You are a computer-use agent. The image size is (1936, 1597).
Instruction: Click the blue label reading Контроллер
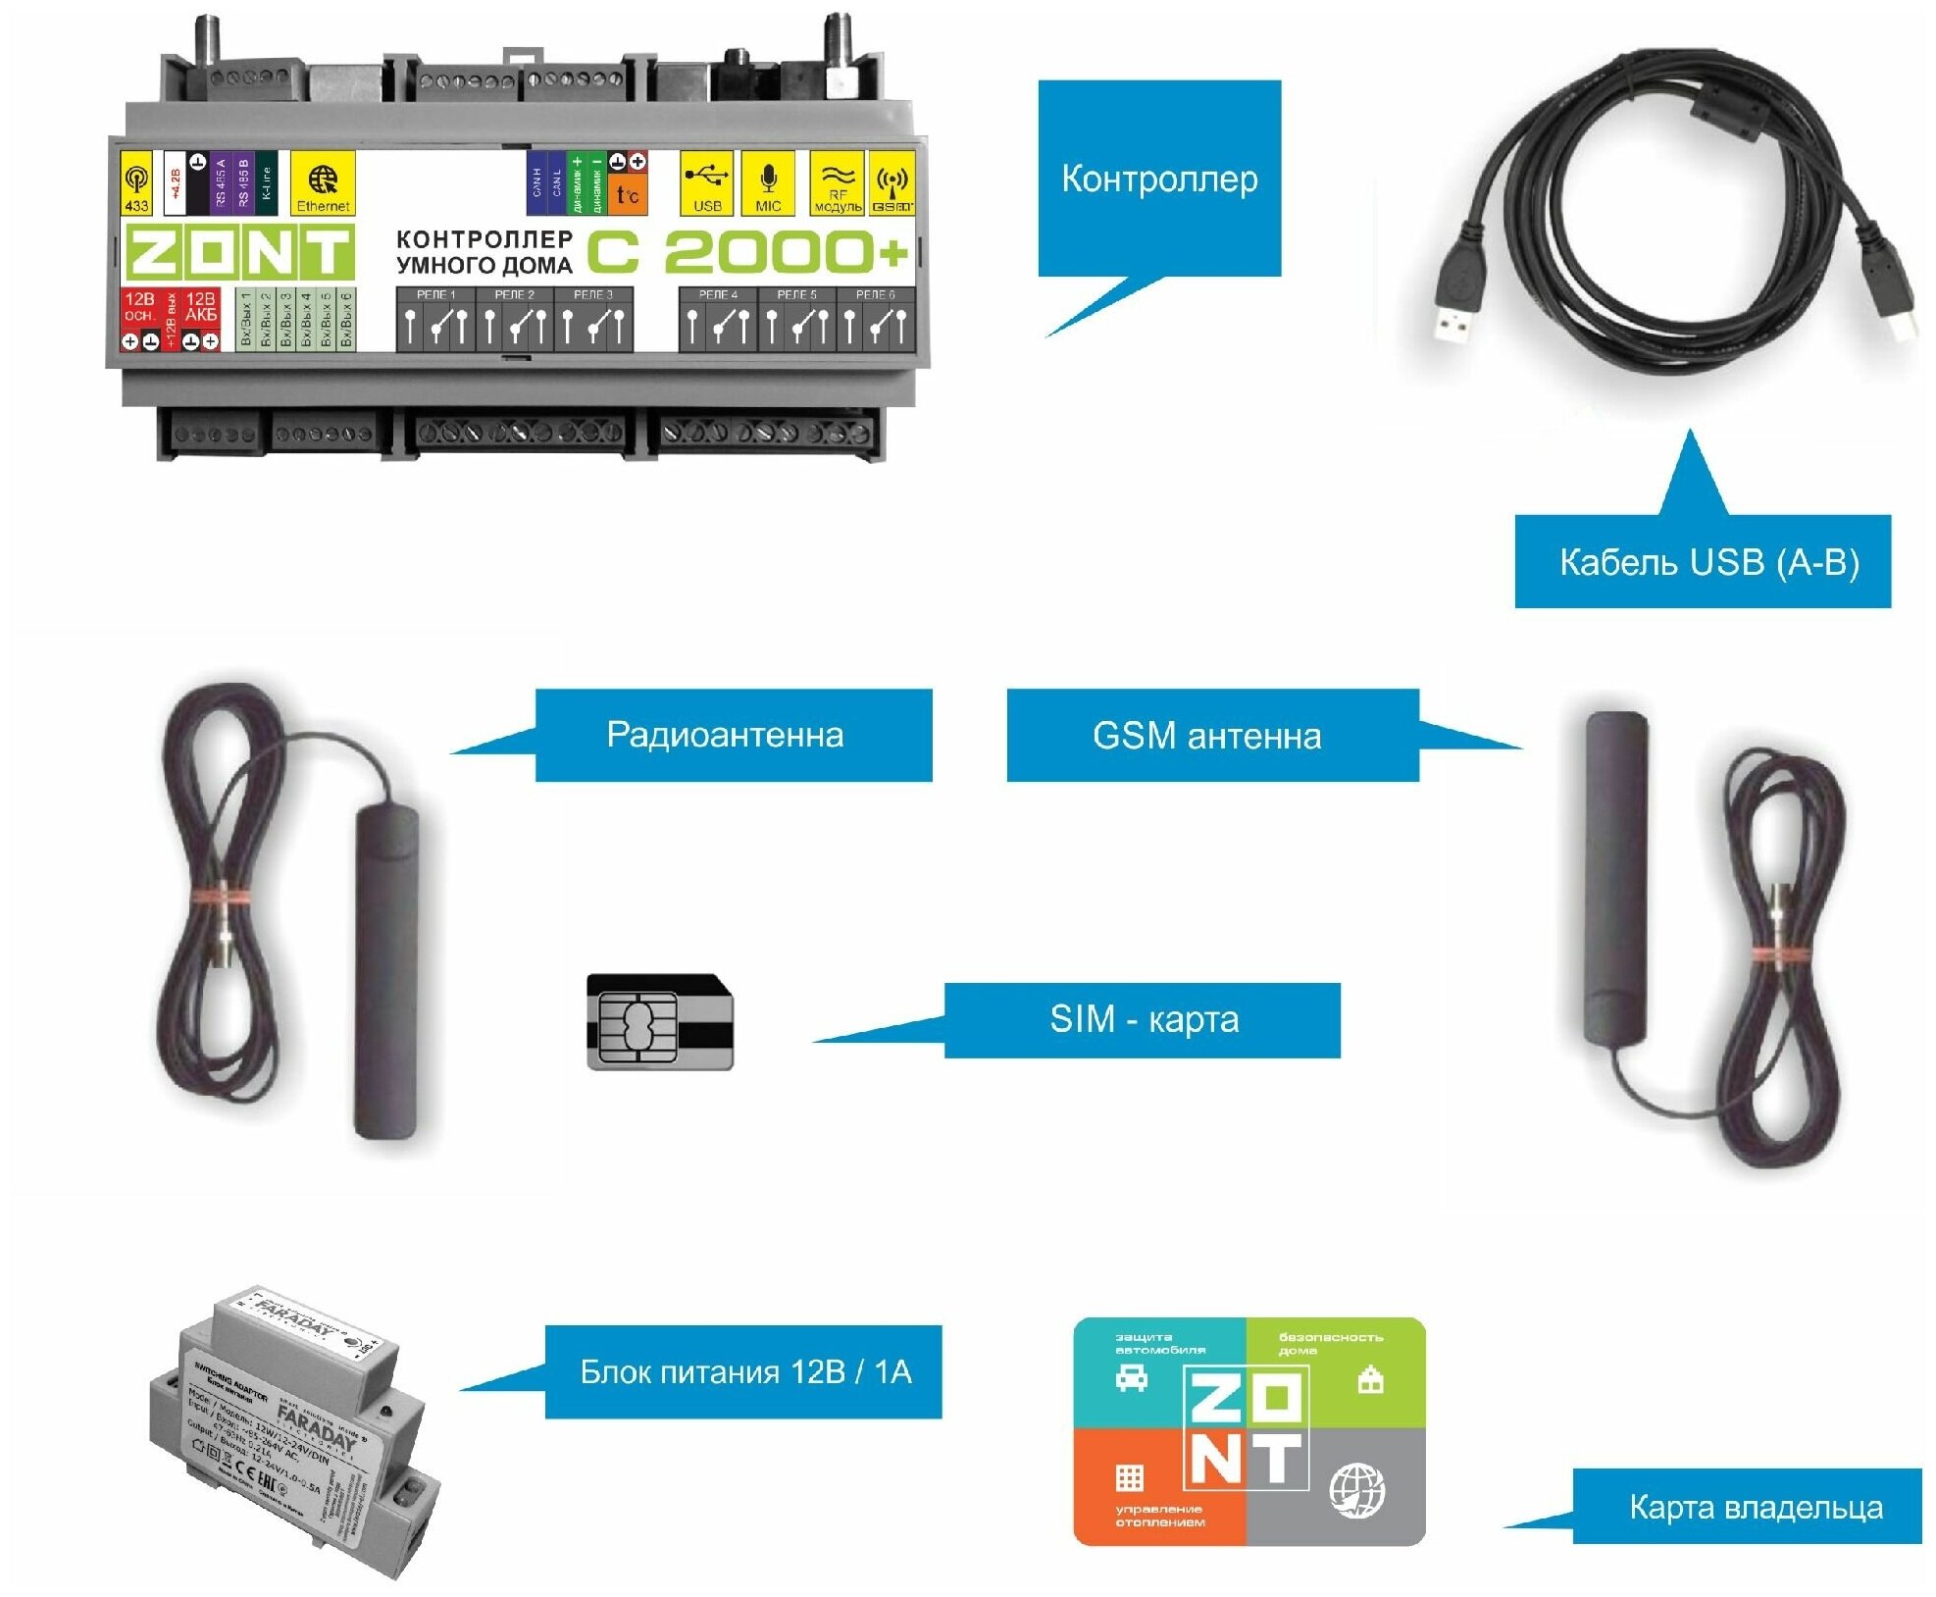(1158, 179)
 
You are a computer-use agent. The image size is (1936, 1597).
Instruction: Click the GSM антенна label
(1211, 736)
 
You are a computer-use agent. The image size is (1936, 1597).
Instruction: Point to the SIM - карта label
(1142, 1020)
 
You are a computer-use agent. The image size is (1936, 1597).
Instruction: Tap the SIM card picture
(660, 1021)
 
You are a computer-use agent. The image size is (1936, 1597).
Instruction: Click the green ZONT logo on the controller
(238, 252)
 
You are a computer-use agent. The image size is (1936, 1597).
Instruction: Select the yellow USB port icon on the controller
(706, 182)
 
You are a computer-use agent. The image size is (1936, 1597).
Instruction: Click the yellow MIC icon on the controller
(768, 182)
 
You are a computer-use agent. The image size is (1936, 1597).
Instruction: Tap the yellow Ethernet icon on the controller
(323, 183)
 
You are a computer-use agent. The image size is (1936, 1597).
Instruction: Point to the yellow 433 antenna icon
(136, 183)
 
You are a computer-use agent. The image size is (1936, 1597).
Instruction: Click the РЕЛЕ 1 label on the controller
(435, 294)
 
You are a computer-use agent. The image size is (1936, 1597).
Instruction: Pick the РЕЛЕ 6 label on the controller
(875, 294)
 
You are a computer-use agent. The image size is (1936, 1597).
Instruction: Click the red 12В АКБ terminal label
(201, 307)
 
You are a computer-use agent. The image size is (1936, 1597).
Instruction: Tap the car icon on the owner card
(1131, 1378)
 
